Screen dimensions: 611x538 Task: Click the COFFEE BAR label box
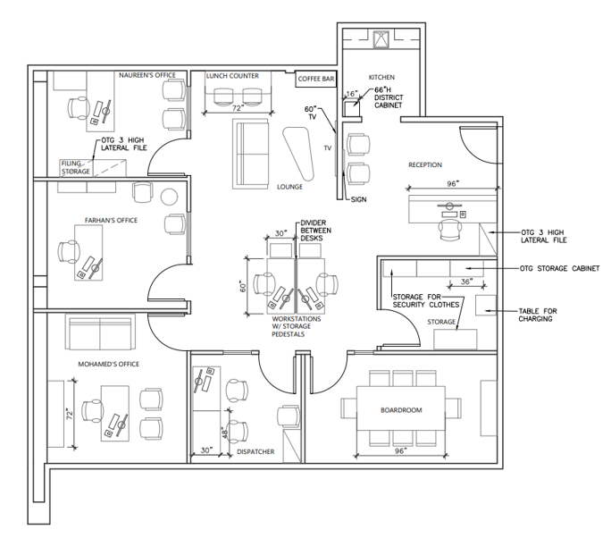pyautogui.click(x=316, y=79)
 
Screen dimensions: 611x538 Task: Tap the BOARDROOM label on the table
pyautogui.click(x=401, y=410)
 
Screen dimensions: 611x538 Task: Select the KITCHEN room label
pyautogui.click(x=381, y=77)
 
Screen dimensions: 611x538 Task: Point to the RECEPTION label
pyautogui.click(x=425, y=165)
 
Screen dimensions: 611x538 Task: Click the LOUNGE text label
pyautogui.click(x=290, y=187)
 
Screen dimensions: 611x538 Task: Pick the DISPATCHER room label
pyautogui.click(x=255, y=451)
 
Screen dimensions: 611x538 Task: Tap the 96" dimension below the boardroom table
pyautogui.click(x=400, y=450)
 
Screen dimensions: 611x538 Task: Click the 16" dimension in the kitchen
pyautogui.click(x=351, y=94)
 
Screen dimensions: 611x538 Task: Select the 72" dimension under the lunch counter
pyautogui.click(x=238, y=108)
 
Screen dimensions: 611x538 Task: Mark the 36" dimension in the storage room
pyautogui.click(x=466, y=282)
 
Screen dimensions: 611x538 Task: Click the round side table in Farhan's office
pyautogui.click(x=170, y=197)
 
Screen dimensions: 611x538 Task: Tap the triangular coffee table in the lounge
pyautogui.click(x=298, y=154)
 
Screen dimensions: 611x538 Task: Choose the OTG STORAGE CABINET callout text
pyautogui.click(x=559, y=269)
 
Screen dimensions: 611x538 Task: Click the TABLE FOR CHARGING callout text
pyautogui.click(x=538, y=315)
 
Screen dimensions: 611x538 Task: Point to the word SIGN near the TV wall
pyautogui.click(x=358, y=199)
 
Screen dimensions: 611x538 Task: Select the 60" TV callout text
pyautogui.click(x=311, y=113)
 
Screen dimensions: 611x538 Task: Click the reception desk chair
pyautogui.click(x=451, y=230)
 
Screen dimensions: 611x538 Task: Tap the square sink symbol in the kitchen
pyautogui.click(x=381, y=39)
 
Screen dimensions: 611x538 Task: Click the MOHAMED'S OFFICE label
pyautogui.click(x=109, y=364)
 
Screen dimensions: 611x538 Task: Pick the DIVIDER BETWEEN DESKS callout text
pyautogui.click(x=315, y=231)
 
